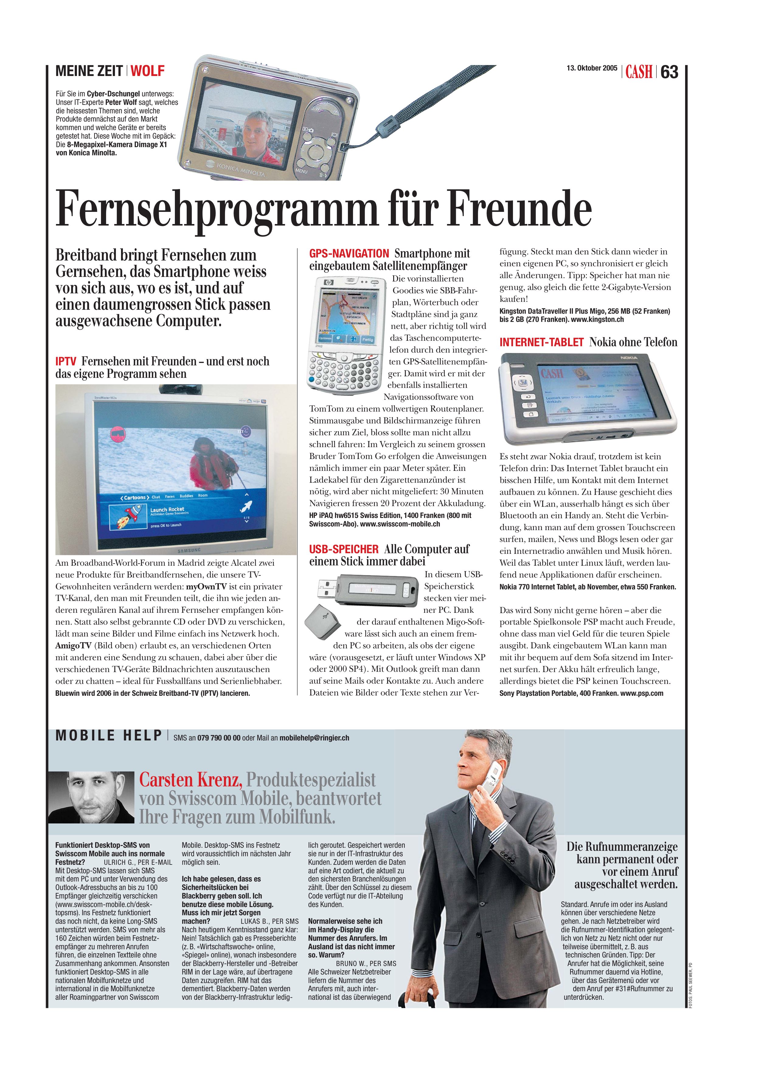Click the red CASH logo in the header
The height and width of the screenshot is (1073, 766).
pos(639,72)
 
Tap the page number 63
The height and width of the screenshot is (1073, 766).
pos(669,72)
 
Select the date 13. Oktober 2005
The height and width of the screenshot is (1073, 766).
pos(591,68)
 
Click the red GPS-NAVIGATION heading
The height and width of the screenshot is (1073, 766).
pos(349,254)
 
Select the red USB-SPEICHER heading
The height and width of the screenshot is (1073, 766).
pos(344,549)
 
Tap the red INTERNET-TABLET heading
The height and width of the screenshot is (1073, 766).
pos(542,342)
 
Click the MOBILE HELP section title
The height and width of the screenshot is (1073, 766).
pos(109,736)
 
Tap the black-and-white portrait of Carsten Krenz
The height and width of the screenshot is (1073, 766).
pos(91,797)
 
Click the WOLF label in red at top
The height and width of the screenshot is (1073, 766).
pos(147,71)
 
